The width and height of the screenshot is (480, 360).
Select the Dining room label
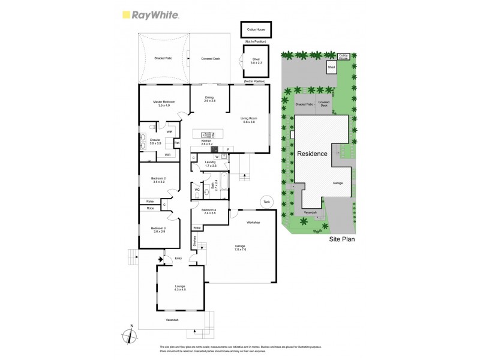209,99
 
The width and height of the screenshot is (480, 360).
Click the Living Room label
248,119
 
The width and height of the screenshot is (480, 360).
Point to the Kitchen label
207,142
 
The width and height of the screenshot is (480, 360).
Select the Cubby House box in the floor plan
256,29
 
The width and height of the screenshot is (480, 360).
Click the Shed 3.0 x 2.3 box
256,61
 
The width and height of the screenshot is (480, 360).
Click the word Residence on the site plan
312,154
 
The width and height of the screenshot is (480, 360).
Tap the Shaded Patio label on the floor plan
164,58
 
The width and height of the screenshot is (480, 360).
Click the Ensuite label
155,142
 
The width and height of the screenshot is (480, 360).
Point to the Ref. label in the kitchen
177,143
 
